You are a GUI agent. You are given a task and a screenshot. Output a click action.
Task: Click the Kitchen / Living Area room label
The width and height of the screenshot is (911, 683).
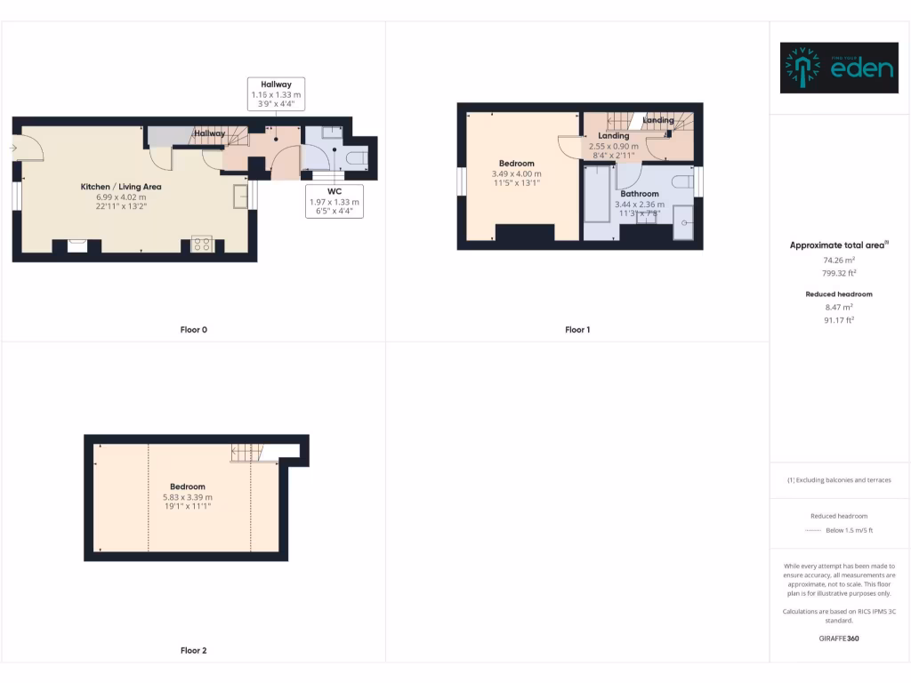[x=121, y=187]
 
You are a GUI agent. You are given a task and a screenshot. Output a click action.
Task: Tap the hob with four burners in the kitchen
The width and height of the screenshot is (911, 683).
[x=202, y=244]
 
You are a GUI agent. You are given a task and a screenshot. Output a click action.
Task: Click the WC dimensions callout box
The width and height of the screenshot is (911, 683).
[x=335, y=202]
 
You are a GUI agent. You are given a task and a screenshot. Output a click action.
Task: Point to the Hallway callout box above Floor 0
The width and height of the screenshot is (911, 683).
[x=276, y=93]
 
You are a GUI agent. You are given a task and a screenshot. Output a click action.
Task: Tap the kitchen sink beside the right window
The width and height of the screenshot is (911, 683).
[x=240, y=196]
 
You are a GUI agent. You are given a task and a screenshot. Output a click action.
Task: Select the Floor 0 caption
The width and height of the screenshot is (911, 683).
[x=193, y=330]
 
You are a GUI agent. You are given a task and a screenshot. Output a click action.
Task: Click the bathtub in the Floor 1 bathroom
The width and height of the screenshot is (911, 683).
[x=595, y=197]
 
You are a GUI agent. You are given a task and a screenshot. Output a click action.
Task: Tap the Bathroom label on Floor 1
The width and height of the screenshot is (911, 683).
[x=639, y=194]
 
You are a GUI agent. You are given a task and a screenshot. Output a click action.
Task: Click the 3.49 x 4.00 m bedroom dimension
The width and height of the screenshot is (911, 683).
[x=516, y=173]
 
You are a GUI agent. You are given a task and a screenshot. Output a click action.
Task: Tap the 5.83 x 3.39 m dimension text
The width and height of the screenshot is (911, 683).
[x=188, y=497]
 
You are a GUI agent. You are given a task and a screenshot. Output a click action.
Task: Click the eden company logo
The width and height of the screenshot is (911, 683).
[x=839, y=68]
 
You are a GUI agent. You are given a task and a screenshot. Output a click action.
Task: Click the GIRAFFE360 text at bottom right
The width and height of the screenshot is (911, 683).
[x=839, y=639]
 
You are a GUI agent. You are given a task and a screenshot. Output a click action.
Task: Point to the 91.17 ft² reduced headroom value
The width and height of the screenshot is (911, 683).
[x=839, y=320]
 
